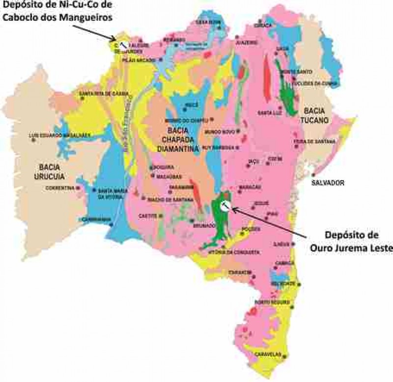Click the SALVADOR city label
pos(328,183)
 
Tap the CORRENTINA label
pos(60,188)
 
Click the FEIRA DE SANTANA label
pos(321,141)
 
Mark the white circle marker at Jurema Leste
pos(224,206)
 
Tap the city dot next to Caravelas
pos(285,355)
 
